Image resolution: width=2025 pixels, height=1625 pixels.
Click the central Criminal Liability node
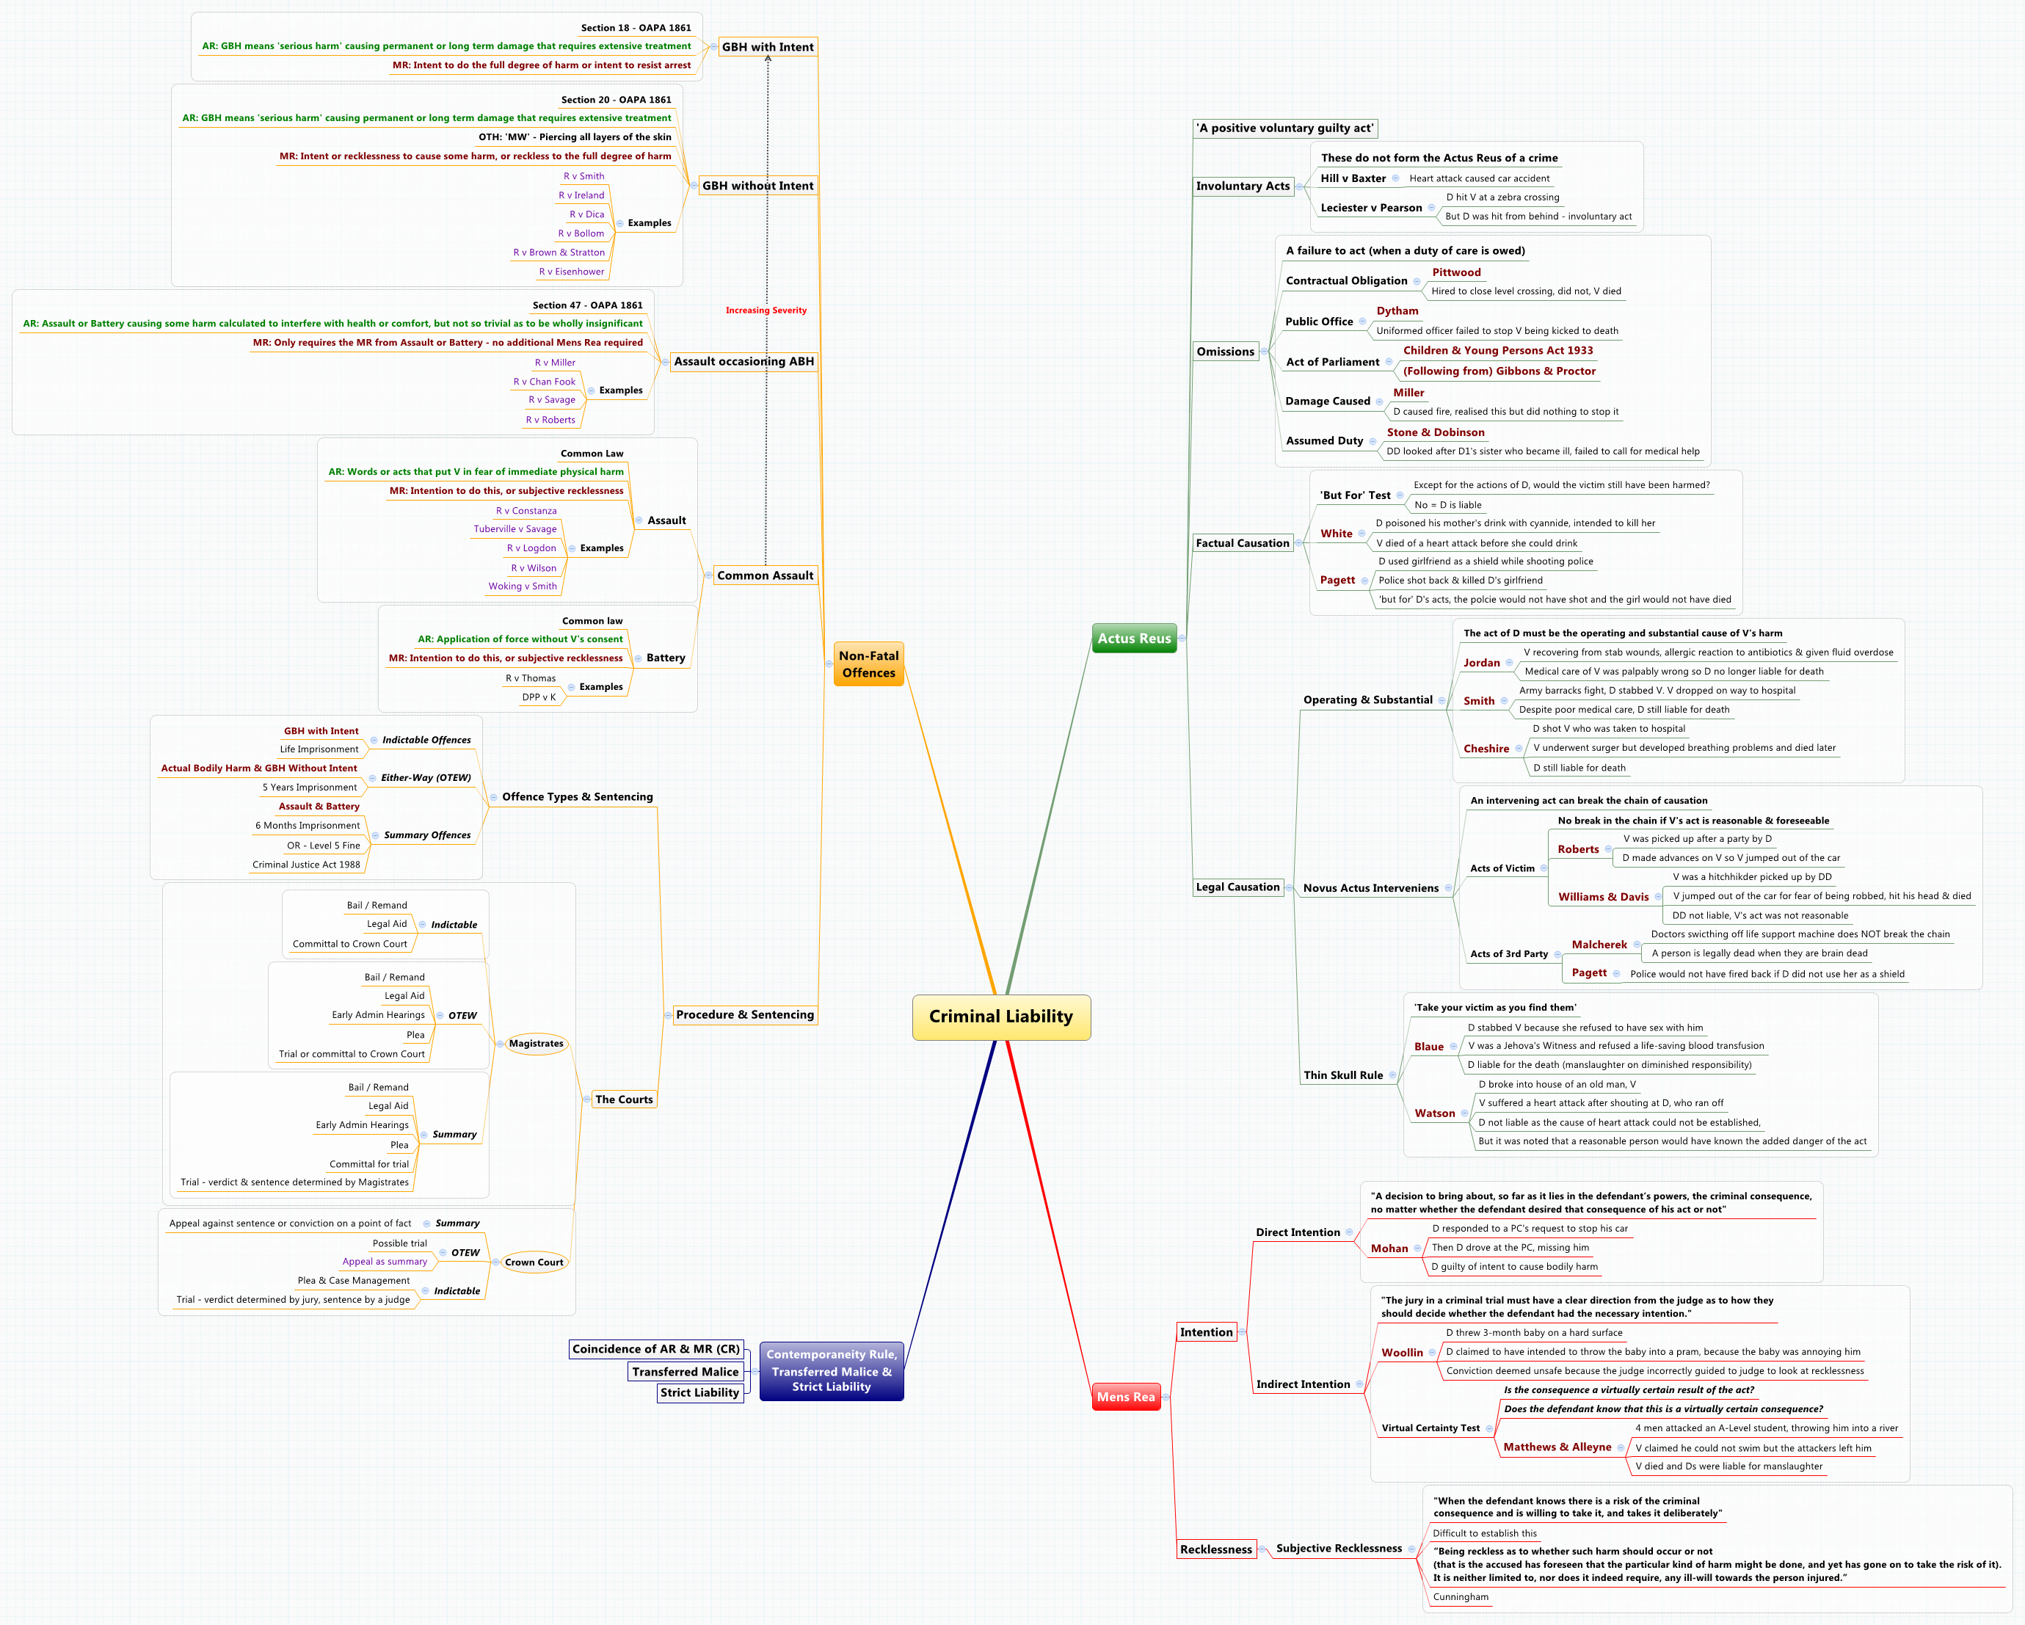click(1000, 1017)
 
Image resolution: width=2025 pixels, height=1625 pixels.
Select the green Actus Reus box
click(1134, 639)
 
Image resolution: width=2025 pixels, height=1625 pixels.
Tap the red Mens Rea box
click(1125, 1397)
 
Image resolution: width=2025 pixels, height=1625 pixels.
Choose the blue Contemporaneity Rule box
click(832, 1370)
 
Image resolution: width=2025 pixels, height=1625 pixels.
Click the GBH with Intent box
click(768, 47)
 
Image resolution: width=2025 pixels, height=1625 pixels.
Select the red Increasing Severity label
click(766, 310)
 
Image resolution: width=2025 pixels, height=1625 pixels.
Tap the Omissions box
click(1225, 352)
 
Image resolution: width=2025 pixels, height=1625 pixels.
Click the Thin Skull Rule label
click(1342, 1075)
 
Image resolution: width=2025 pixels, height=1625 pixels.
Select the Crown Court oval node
click(534, 1262)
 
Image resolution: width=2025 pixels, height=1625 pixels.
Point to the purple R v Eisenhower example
click(571, 272)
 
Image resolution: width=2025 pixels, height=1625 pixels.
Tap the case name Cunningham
click(1460, 1597)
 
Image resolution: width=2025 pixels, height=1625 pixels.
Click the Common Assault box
click(765, 575)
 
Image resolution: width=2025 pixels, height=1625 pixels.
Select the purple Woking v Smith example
click(523, 586)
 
